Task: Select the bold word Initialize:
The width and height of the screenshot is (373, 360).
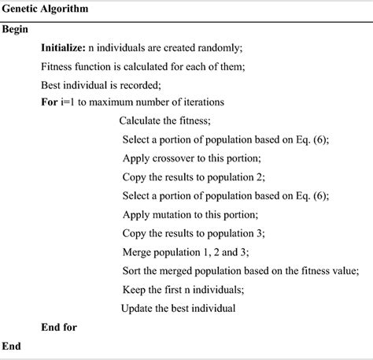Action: pyautogui.click(x=66, y=48)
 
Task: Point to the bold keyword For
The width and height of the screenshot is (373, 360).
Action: pyautogui.click(x=49, y=101)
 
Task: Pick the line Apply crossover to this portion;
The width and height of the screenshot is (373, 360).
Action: pyautogui.click(x=192, y=157)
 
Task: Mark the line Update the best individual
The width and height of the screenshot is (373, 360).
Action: pyautogui.click(x=179, y=306)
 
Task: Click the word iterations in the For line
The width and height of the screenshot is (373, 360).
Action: pyautogui.click(x=201, y=102)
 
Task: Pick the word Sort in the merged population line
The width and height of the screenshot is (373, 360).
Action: pyautogui.click(x=133, y=269)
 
